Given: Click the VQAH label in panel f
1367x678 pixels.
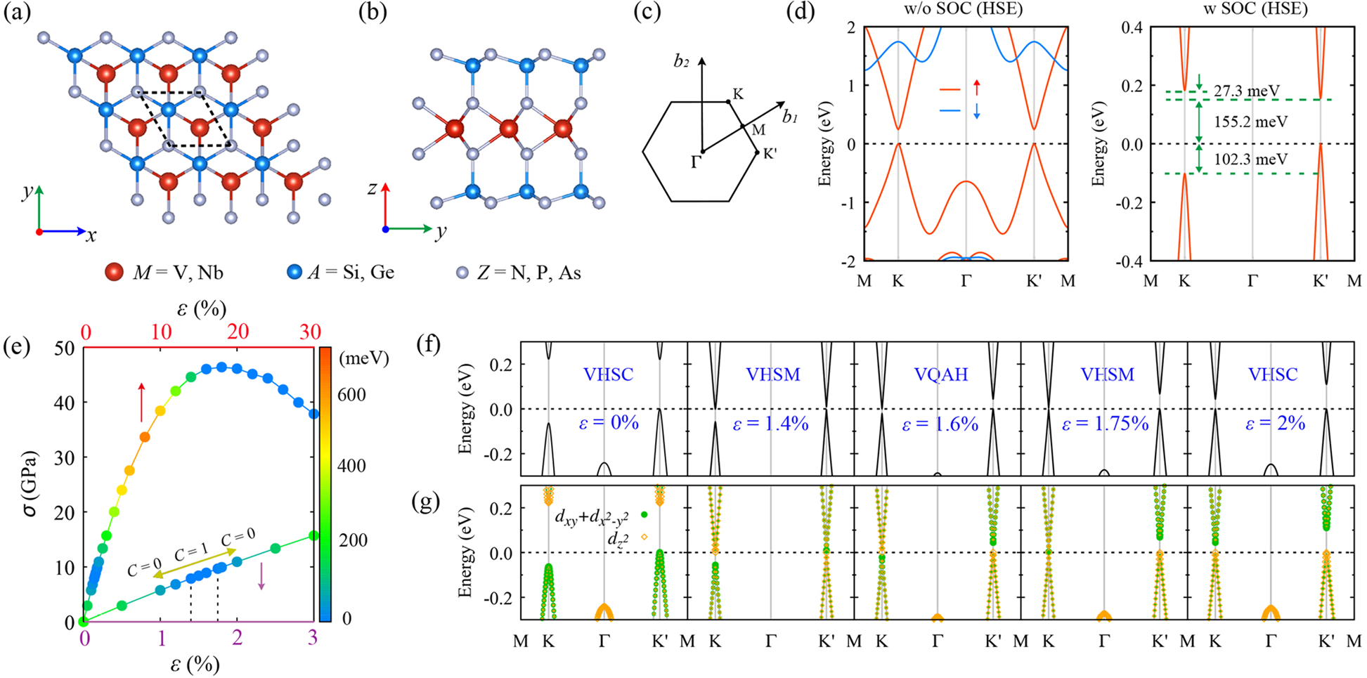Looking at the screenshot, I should [x=940, y=374].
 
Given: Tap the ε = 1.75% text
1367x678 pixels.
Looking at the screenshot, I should [x=1105, y=424].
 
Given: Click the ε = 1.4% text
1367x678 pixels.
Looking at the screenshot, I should [x=771, y=424].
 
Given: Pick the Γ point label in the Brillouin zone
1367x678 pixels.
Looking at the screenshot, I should [x=695, y=162].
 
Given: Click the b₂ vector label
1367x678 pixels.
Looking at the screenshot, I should [x=681, y=62].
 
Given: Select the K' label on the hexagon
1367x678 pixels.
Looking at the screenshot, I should [x=770, y=154].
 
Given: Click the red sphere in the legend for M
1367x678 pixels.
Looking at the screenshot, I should [x=114, y=273].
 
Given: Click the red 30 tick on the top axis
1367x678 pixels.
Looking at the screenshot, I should [x=310, y=332].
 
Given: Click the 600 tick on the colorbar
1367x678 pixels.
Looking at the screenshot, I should [x=351, y=395].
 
